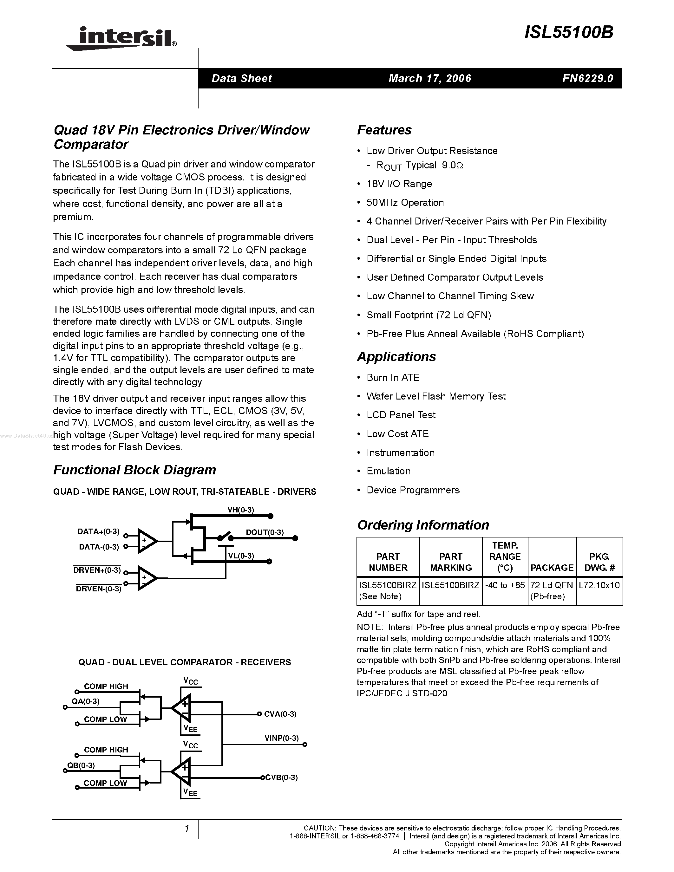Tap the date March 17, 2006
tap(430, 78)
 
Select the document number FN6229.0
tap(587, 78)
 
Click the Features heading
tap(384, 130)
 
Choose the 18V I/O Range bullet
tap(399, 184)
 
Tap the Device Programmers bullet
tap(413, 490)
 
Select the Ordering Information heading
tap(423, 525)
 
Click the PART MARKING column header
tap(451, 562)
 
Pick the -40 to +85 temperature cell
tap(505, 585)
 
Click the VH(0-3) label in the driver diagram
tap(241, 510)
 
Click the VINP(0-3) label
tap(282, 738)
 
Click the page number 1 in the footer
tap(186, 829)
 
